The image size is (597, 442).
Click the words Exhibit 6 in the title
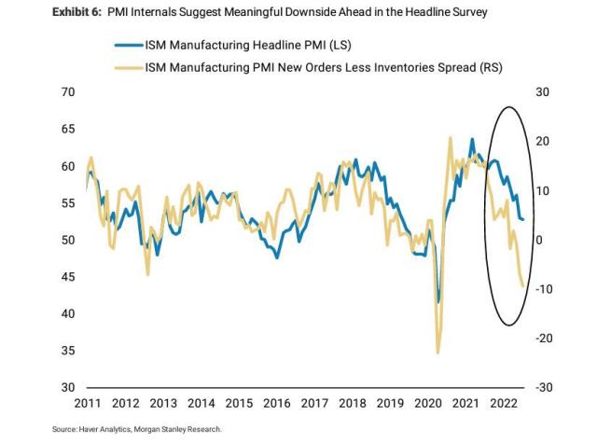(76, 12)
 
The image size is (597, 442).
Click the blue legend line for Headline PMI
(129, 45)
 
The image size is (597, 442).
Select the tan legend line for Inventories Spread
(129, 68)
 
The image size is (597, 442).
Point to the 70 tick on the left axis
(68, 92)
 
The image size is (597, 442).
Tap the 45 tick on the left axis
(68, 277)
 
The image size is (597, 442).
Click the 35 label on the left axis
(68, 351)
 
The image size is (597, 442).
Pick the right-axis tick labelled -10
(544, 289)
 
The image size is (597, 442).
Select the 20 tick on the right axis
(543, 142)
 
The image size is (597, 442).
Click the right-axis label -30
(544, 388)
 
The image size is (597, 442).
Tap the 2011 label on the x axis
(88, 403)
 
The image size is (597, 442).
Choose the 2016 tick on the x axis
(277, 403)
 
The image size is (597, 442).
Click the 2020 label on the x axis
(428, 403)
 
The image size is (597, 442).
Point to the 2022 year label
(504, 403)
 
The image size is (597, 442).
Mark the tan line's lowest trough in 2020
(437, 352)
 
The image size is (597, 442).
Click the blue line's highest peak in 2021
(472, 139)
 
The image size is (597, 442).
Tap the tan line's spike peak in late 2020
(451, 137)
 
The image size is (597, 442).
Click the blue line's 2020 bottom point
(438, 301)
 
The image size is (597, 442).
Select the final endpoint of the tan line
(522, 286)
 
